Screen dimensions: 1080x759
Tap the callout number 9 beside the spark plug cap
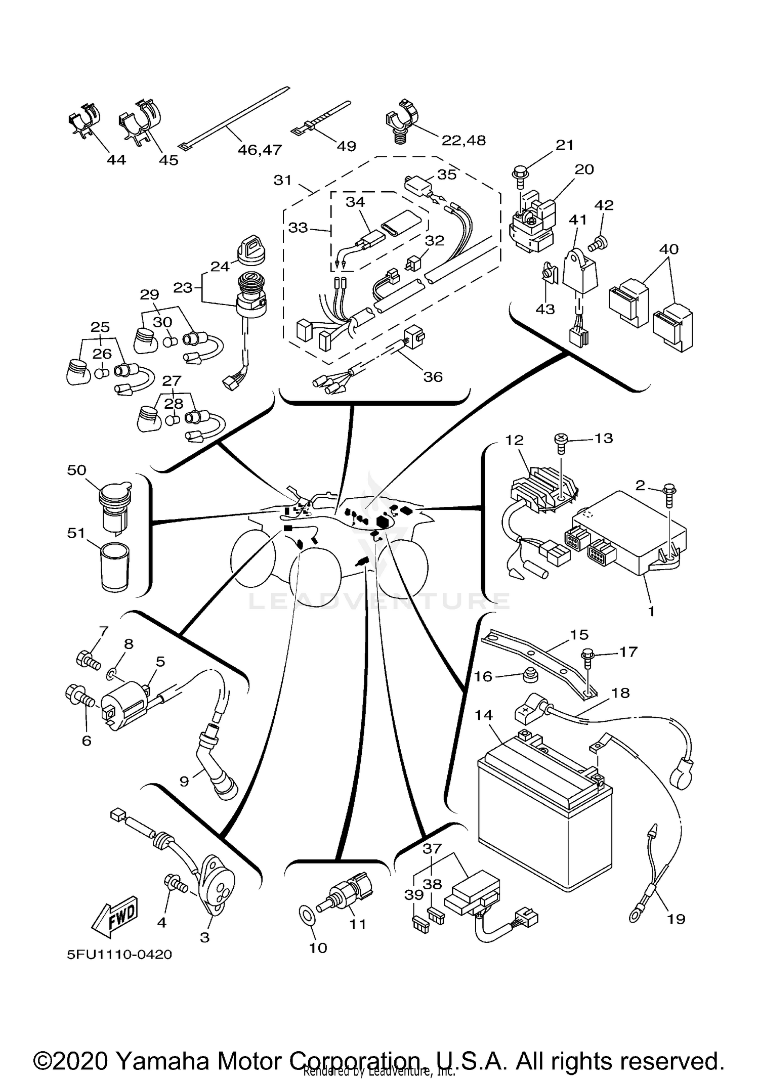point(184,782)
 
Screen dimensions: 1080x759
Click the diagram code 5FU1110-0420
point(119,955)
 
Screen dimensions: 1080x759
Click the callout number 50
point(76,470)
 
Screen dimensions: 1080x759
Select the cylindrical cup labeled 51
point(115,566)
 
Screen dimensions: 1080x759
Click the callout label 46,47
point(260,149)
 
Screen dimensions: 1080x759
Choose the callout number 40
point(668,249)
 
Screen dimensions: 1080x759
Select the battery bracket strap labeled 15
point(536,658)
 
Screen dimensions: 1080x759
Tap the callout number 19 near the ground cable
point(676,918)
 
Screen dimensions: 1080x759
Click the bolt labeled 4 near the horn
point(175,884)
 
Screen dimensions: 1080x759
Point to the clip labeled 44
point(84,124)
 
